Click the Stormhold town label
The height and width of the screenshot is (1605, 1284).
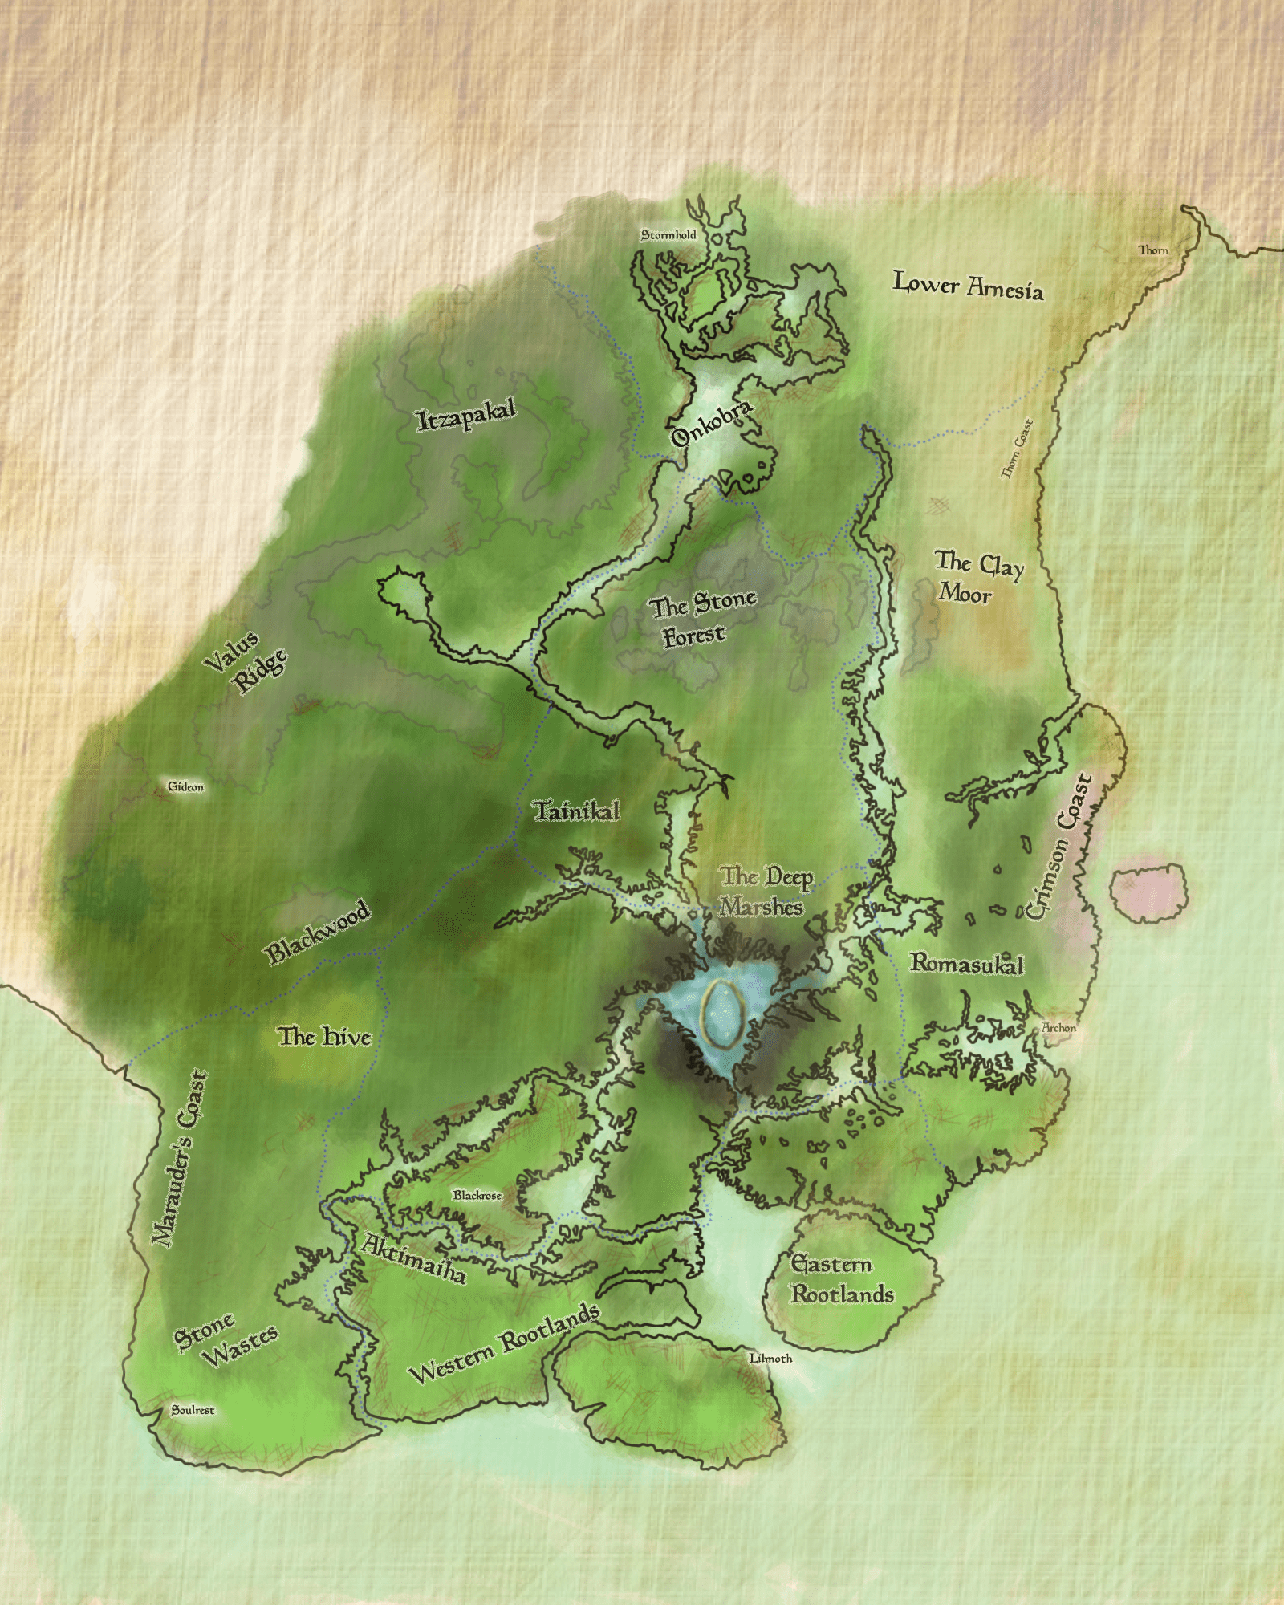click(x=668, y=234)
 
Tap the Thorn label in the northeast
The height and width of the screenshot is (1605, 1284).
click(x=1153, y=250)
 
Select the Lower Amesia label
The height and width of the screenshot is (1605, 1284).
click(x=969, y=286)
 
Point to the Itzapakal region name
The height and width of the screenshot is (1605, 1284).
click(x=465, y=415)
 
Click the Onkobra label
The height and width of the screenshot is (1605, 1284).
click(x=712, y=423)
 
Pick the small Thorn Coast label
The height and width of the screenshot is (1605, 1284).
click(x=1016, y=449)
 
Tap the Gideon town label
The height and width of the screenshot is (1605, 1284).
click(x=185, y=786)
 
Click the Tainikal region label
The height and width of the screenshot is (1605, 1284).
click(x=577, y=811)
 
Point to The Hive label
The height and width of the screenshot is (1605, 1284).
click(x=325, y=1037)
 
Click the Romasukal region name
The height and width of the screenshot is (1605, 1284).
click(x=966, y=963)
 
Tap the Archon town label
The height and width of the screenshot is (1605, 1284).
click(x=1058, y=1027)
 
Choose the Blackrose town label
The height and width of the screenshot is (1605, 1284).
click(x=477, y=1195)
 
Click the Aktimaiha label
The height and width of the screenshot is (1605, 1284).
click(x=413, y=1259)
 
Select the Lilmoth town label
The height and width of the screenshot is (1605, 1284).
click(x=770, y=1358)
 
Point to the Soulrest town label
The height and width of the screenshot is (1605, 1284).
click(x=193, y=1410)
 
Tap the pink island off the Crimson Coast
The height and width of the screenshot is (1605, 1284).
click(x=1148, y=891)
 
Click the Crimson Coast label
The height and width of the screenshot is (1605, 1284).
click(x=1060, y=847)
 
